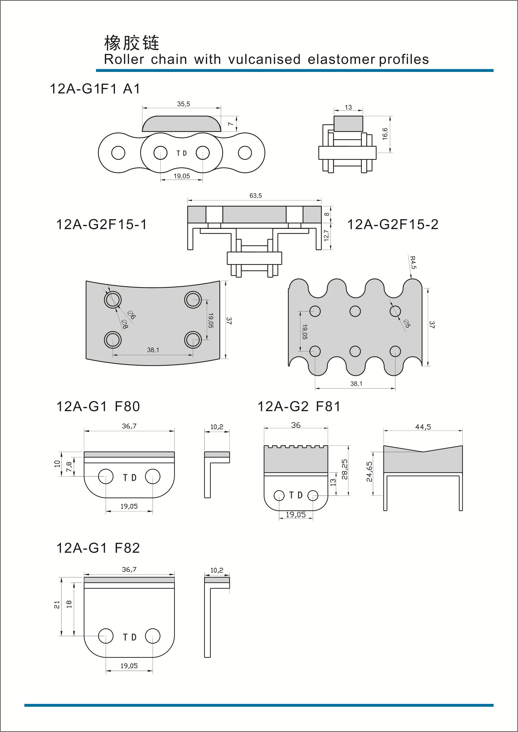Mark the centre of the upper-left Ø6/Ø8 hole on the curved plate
(x=113, y=299)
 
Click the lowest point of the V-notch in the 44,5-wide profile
(x=423, y=451)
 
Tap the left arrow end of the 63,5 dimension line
(x=188, y=201)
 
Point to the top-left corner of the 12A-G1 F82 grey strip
(x=84, y=577)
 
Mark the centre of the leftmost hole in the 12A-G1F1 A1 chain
(x=118, y=153)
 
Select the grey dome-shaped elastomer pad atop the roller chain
(x=181, y=124)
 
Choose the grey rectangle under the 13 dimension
(x=348, y=124)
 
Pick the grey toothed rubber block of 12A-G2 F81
(x=296, y=459)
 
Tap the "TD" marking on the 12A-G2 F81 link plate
(x=296, y=495)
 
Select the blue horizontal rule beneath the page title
(x=295, y=70)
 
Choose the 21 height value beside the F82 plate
(x=57, y=605)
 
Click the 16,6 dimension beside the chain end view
(x=385, y=134)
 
